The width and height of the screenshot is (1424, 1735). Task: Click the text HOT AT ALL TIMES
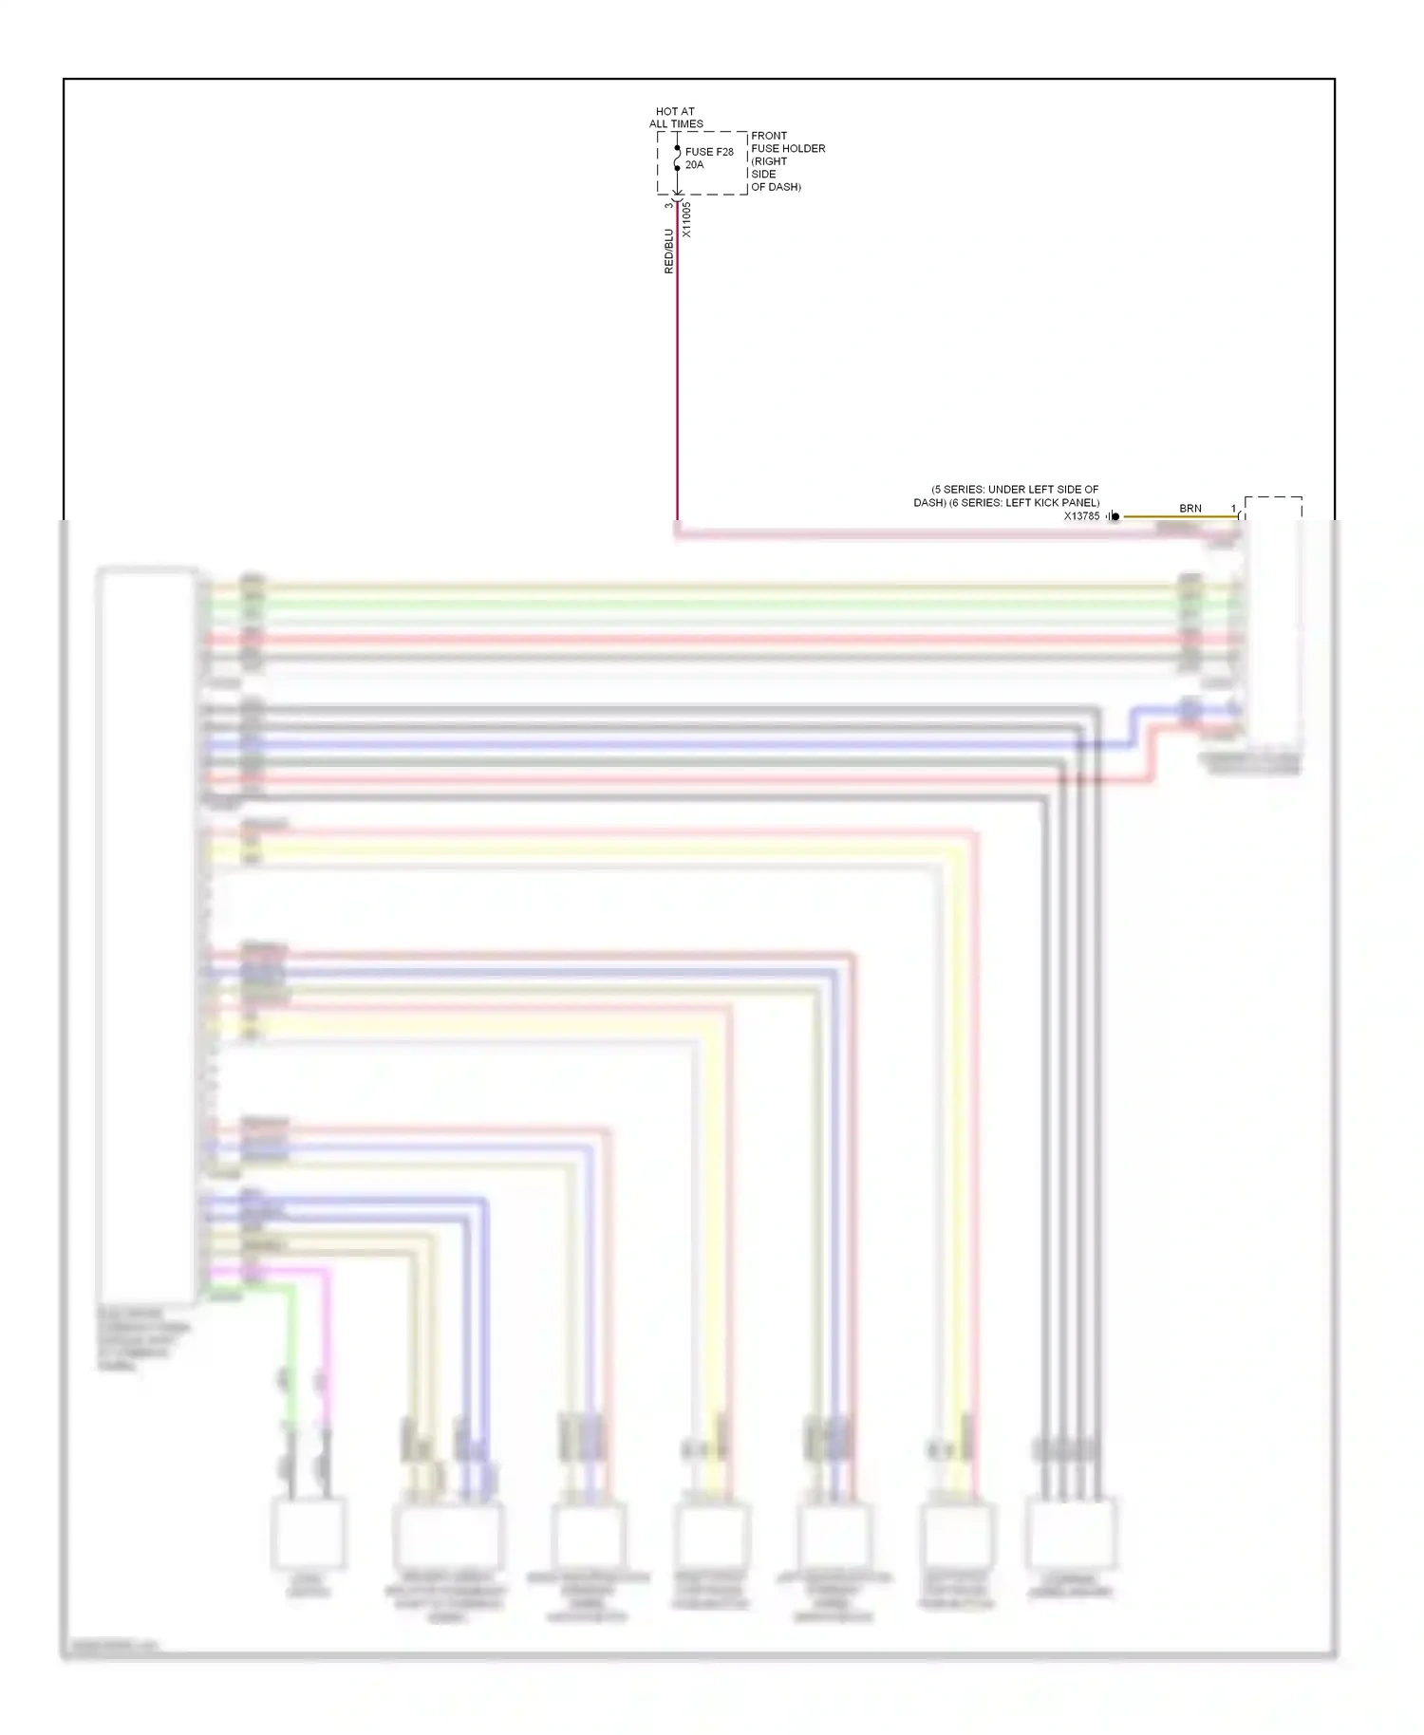676,118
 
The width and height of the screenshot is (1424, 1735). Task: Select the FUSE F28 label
709,152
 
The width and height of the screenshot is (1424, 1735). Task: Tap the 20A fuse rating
694,165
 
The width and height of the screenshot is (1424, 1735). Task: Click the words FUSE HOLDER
788,149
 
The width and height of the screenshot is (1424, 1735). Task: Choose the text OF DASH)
776,187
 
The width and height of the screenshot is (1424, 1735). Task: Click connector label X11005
686,219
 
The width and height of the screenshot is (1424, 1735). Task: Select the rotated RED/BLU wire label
668,252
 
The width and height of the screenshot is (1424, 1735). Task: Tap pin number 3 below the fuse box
668,205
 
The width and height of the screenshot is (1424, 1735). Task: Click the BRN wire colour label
1190,509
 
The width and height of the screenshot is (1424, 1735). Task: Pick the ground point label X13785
1081,516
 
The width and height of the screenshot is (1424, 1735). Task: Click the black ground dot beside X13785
1115,516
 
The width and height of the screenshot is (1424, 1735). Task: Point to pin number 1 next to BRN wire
1233,509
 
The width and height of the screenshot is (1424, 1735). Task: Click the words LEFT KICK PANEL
1052,503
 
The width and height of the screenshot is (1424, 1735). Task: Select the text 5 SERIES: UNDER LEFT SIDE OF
1015,490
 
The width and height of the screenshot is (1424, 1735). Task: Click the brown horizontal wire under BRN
1177,517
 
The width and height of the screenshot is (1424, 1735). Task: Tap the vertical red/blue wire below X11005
677,380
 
